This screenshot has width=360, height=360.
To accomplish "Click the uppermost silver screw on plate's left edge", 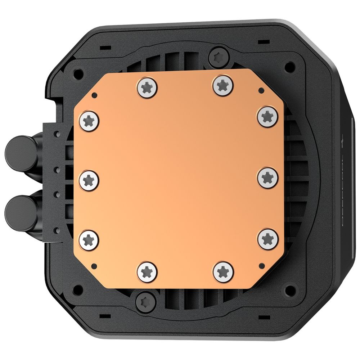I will click(89, 121).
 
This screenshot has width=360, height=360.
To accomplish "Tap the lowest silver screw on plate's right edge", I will click(268, 239).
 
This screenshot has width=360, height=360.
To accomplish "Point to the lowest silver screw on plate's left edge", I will click(89, 240).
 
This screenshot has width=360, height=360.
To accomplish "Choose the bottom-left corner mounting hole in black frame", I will click(77, 289).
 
